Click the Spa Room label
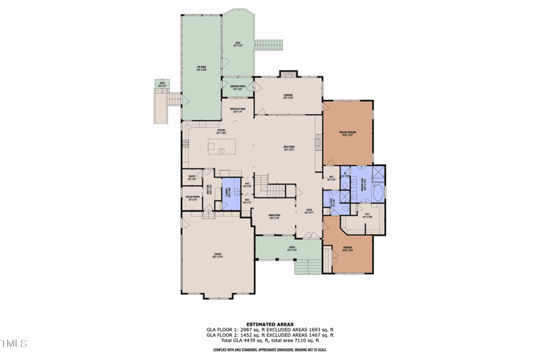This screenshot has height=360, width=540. point(200,67)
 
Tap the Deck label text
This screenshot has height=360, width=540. point(238,44)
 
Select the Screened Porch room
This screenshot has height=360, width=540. point(238,88)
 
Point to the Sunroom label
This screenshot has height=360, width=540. point(288,96)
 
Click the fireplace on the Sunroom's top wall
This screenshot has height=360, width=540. point(288,74)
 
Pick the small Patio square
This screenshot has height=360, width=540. point(162,84)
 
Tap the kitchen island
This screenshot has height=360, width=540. point(227,145)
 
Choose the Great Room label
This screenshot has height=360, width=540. point(288,148)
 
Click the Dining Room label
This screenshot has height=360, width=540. point(273,217)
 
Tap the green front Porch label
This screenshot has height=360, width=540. point(292,248)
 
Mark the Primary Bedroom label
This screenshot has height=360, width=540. point(347,133)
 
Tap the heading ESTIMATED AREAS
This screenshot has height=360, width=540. point(270,324)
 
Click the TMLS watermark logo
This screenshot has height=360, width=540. point(14,344)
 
